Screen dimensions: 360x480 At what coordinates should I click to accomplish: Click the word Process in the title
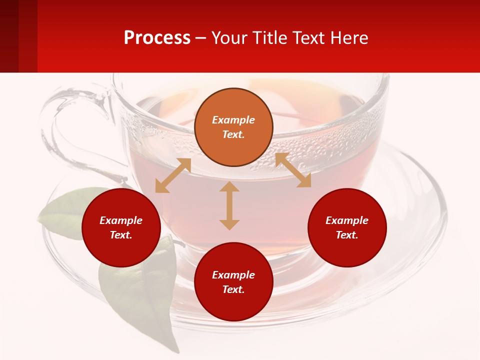(157, 38)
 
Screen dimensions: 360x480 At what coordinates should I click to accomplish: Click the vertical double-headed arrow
(229, 205)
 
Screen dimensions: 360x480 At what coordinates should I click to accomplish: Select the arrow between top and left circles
(173, 175)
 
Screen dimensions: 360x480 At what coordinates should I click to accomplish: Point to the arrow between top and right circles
(293, 170)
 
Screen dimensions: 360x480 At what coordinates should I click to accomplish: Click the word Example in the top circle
(233, 120)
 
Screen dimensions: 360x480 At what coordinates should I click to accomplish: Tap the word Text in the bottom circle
(233, 289)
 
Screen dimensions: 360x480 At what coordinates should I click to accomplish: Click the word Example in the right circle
(347, 220)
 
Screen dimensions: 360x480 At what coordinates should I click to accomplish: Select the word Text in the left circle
(121, 235)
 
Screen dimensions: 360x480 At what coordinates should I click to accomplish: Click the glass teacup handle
(65, 125)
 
